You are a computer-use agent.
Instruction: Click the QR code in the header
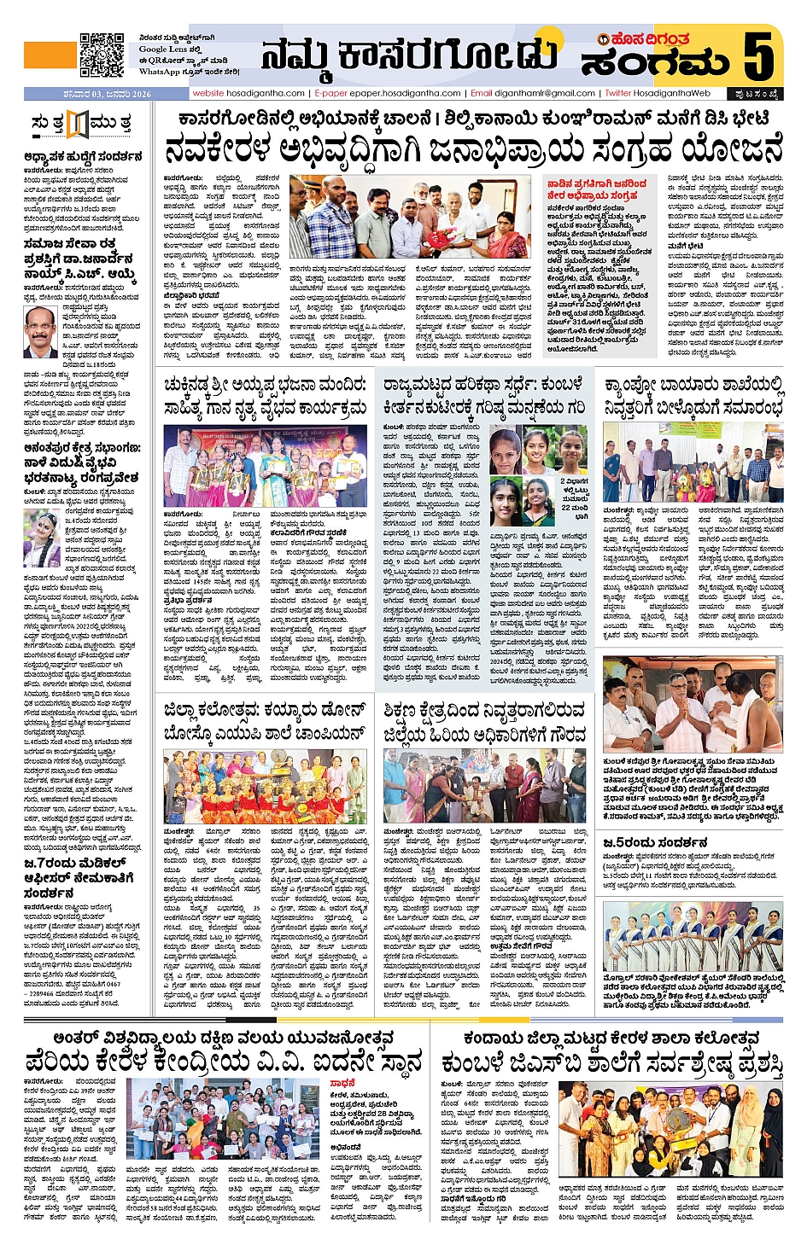point(102,55)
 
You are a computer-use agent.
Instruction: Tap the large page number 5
point(757,56)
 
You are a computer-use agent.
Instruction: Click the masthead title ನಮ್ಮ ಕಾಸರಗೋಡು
point(409,55)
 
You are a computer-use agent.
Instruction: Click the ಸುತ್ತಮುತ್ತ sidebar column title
point(80,123)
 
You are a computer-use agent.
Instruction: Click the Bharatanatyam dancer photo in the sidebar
point(42,536)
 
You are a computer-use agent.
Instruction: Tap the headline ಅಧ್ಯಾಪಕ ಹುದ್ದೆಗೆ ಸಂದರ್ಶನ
point(83,157)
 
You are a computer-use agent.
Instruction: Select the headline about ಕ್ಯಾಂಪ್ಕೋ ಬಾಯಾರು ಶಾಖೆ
point(693,398)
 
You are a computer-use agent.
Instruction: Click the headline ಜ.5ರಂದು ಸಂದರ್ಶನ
point(655,843)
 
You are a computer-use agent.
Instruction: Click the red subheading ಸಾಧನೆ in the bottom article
point(342,1084)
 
